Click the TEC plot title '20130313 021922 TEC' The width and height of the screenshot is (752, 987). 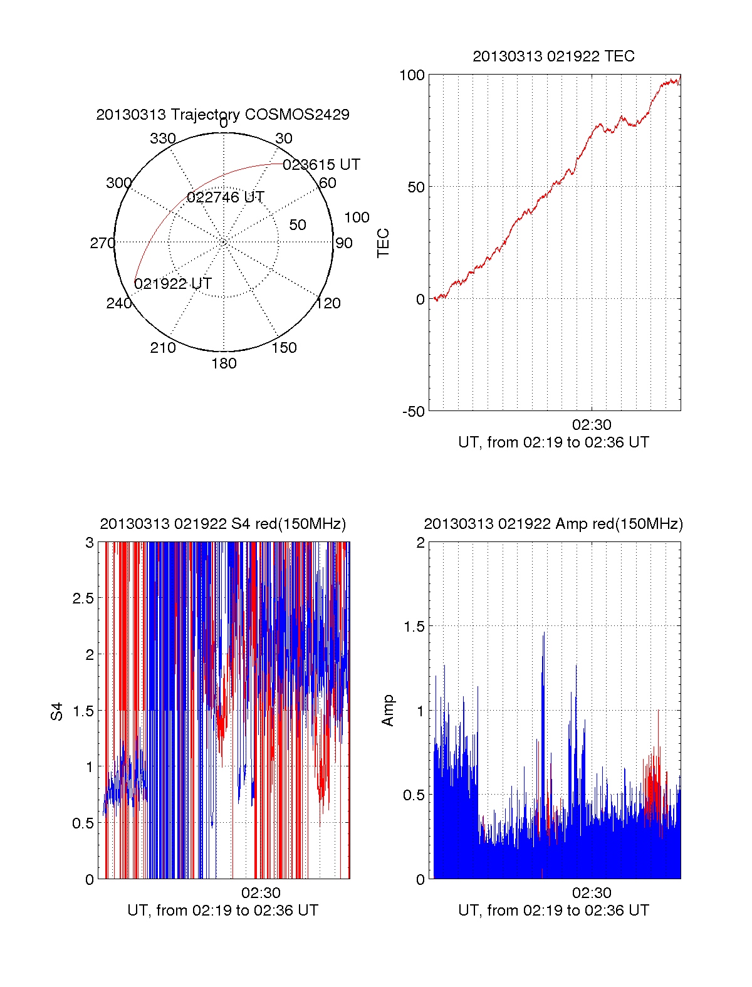[553, 56]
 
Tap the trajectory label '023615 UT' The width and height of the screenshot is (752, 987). [321, 165]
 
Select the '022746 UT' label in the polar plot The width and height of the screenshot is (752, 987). [226, 197]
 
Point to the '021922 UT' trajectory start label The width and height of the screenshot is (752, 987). [173, 284]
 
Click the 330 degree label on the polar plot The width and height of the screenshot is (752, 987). [162, 138]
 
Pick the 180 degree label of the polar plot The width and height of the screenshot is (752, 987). [224, 363]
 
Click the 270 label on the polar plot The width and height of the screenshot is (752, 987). [102, 243]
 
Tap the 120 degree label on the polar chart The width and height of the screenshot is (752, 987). [328, 303]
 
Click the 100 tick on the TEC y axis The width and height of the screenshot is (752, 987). [412, 75]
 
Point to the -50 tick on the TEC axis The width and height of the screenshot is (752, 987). [413, 411]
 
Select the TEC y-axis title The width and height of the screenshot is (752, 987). [384, 243]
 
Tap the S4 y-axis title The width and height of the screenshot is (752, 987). [57, 711]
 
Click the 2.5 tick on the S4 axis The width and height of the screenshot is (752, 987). [83, 598]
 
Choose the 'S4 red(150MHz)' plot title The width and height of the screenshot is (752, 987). [222, 524]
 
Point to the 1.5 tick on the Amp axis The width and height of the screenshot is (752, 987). [414, 627]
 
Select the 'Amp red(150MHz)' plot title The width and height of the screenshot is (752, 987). [553, 524]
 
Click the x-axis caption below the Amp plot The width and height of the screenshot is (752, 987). [553, 911]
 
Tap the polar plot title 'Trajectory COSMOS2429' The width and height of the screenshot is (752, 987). [222, 115]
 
